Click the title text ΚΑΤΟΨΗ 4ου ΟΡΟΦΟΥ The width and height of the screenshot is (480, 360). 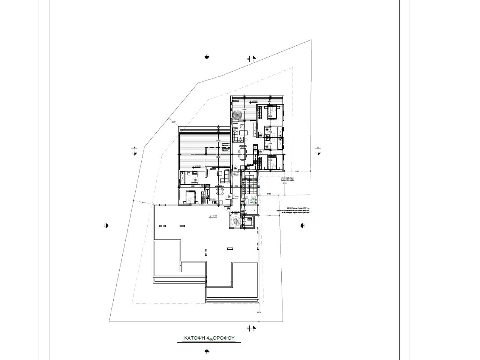(x=209, y=338)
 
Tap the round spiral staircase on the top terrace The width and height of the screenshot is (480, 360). (x=237, y=115)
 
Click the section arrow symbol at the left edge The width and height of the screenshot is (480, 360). (x=135, y=151)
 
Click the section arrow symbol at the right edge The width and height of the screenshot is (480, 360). (x=318, y=151)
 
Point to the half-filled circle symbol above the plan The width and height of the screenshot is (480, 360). (x=207, y=57)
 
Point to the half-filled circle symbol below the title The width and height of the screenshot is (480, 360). (x=207, y=352)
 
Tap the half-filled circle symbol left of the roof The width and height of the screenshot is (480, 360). (x=106, y=225)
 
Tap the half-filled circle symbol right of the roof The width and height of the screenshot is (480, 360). (x=303, y=225)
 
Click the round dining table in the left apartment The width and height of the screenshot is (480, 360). (x=220, y=192)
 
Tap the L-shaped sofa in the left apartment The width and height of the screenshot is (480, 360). (x=224, y=177)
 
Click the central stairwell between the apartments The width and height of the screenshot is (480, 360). (x=250, y=186)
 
